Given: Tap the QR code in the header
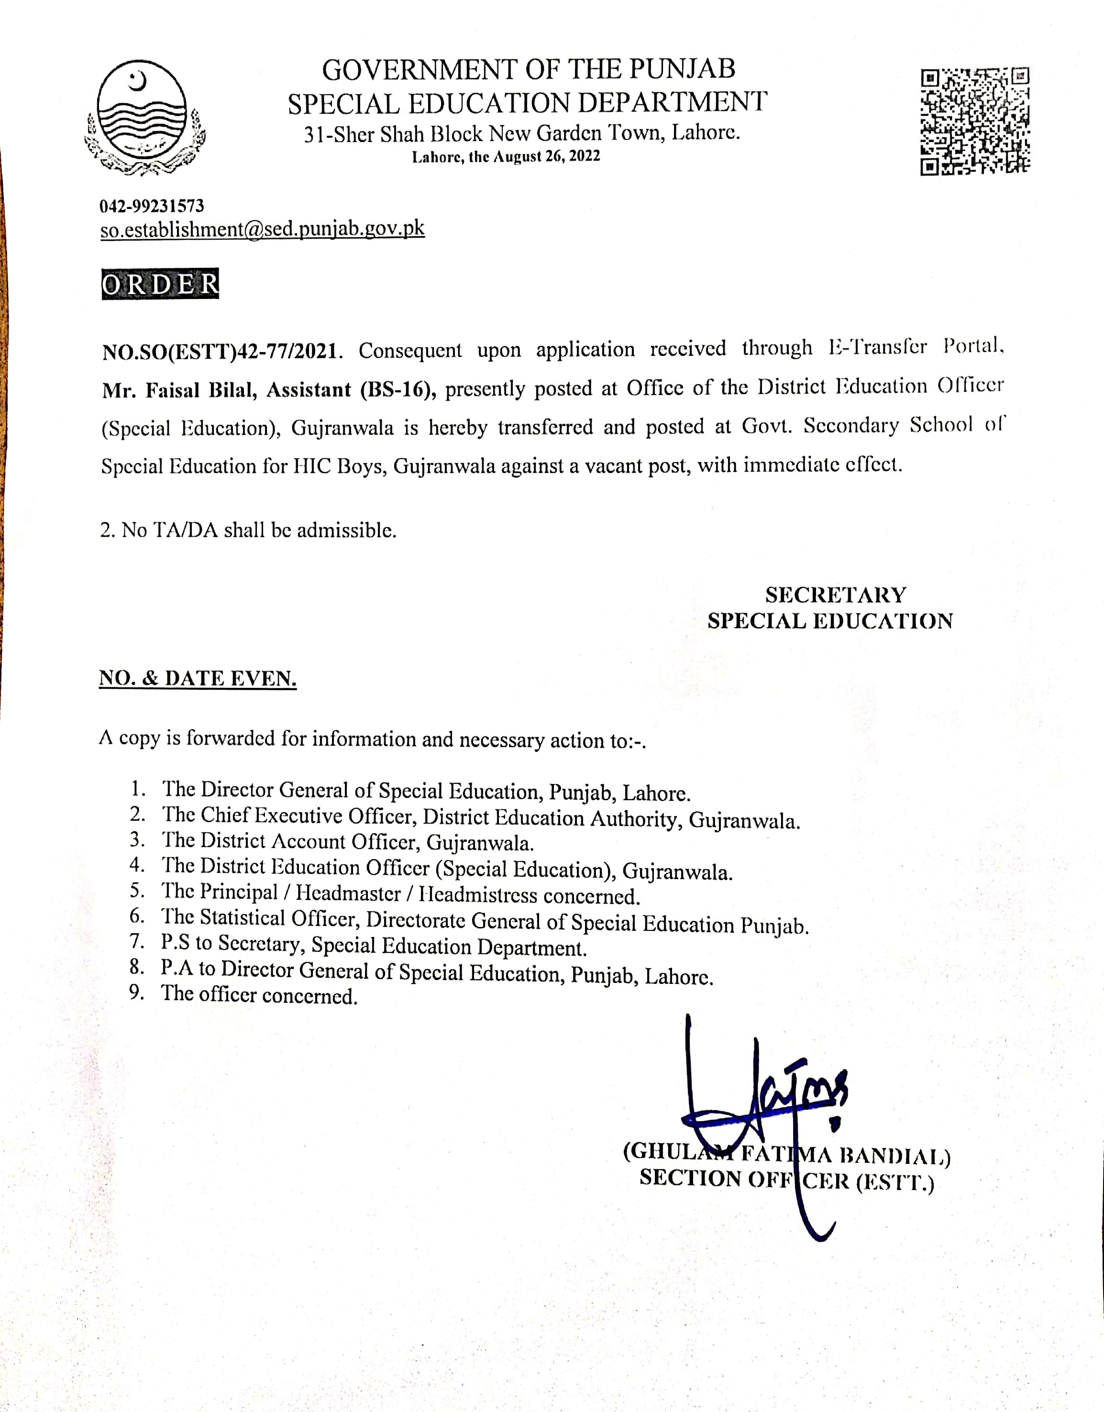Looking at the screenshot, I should tap(975, 121).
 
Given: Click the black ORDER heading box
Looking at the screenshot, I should tap(160, 284).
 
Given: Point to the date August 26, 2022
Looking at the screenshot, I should tap(547, 156).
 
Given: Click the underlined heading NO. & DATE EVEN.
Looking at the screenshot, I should tap(198, 678).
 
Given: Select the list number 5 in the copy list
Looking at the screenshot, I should tap(136, 891).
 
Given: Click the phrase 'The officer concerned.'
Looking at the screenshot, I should tap(259, 994).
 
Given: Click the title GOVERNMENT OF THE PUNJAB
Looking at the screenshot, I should tap(528, 70).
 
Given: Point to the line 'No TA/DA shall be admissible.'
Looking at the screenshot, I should tap(248, 530).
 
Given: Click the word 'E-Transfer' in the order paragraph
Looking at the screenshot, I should tap(878, 348).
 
